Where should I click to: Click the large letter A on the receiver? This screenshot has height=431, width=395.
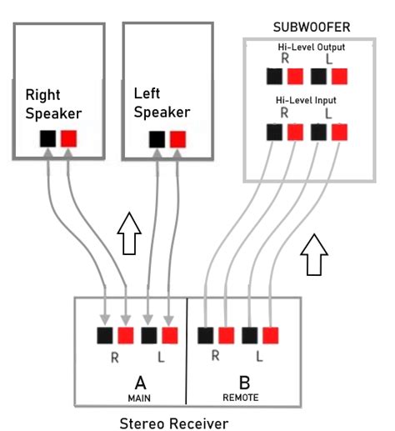tap(140, 382)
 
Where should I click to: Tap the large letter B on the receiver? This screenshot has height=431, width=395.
tap(244, 382)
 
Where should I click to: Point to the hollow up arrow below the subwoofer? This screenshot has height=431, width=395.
tap(314, 253)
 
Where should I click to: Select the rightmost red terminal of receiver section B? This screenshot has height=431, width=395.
tap(270, 335)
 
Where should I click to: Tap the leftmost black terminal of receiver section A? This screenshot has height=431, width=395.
tap(105, 335)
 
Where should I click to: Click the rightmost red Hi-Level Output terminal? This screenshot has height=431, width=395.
tap(338, 77)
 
